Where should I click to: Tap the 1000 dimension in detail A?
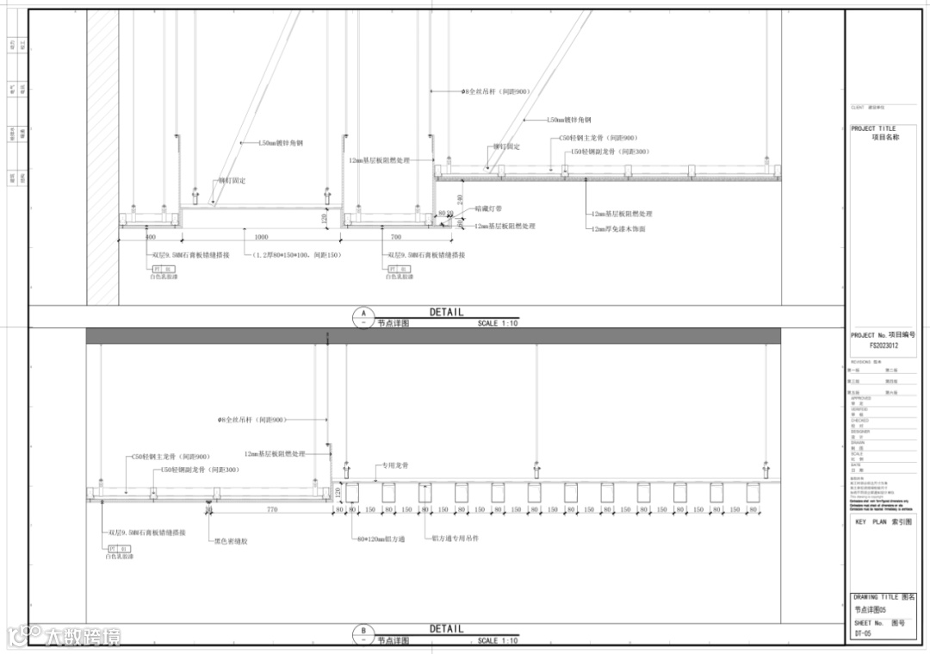coord(261,237)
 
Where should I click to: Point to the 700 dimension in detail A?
coord(396,237)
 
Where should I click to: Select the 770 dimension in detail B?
coord(272,510)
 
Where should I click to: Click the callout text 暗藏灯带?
coord(489,209)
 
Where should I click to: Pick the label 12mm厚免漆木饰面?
coord(617,229)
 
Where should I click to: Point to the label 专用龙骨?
coord(392,465)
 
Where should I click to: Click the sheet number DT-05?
coord(863,633)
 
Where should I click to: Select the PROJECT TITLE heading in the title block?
coord(873,128)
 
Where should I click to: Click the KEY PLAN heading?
coord(883,522)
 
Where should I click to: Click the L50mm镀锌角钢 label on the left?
coord(281,143)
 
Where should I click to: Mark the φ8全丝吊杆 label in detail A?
coord(496,90)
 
